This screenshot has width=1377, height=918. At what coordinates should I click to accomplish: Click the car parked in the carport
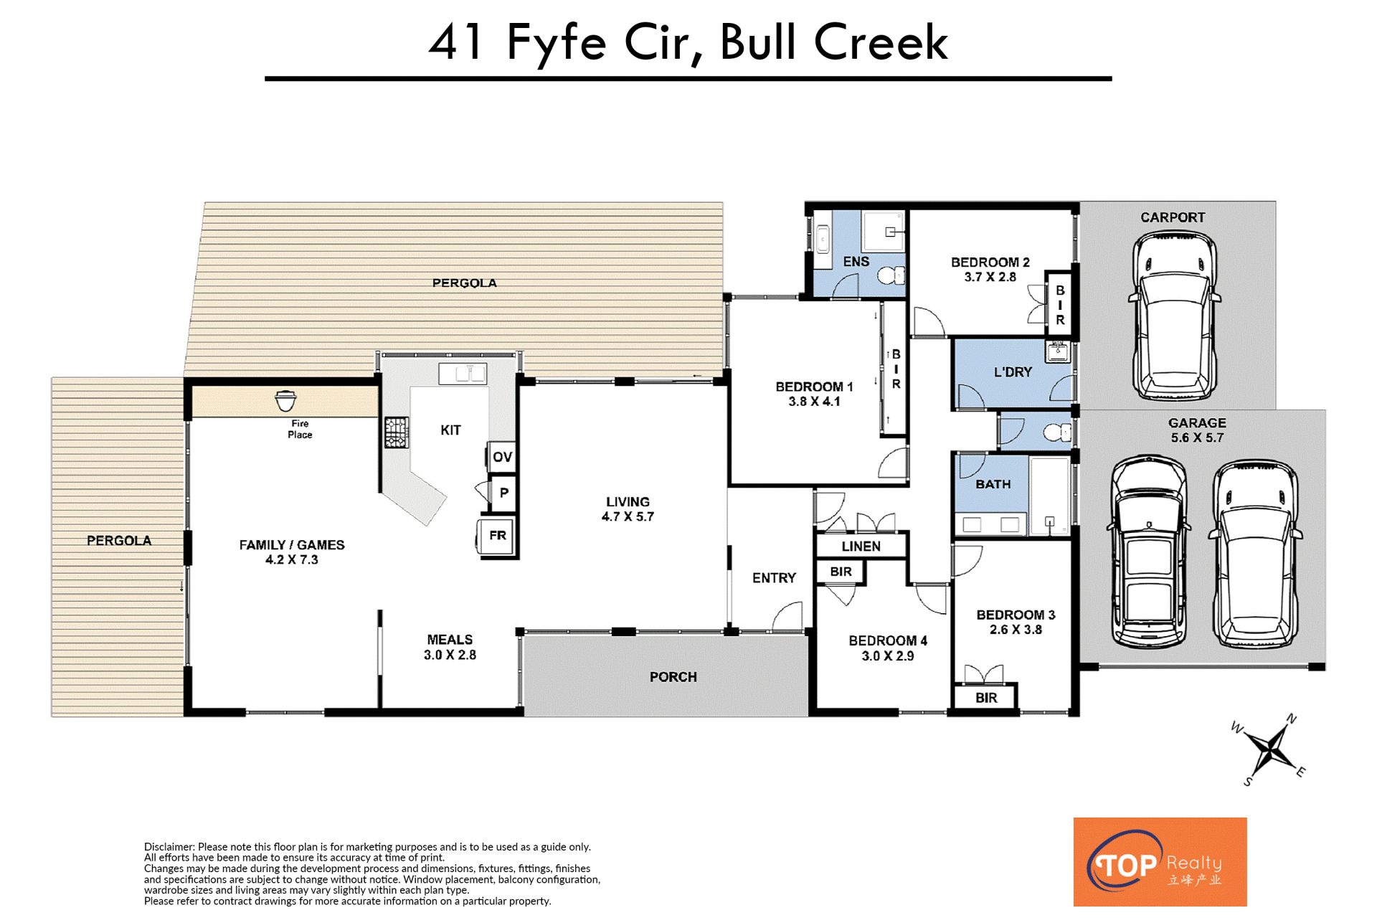click(x=1174, y=316)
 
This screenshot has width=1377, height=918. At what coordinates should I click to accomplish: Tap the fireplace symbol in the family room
click(x=285, y=401)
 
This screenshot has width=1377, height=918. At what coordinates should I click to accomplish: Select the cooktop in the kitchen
click(x=396, y=432)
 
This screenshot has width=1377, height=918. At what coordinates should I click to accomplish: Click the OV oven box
click(x=502, y=457)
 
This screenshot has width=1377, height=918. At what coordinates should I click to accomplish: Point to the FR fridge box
click(x=497, y=536)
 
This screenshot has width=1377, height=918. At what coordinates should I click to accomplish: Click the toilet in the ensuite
click(x=891, y=275)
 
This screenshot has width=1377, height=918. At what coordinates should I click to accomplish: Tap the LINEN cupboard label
click(x=861, y=546)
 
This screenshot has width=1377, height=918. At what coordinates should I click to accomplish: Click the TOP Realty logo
click(x=1160, y=862)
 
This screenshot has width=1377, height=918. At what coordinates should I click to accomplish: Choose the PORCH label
click(x=673, y=677)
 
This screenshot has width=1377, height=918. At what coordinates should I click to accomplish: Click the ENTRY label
click(x=774, y=578)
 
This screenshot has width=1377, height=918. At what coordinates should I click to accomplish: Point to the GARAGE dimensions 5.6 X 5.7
click(x=1197, y=437)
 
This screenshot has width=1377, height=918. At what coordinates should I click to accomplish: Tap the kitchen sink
click(x=463, y=374)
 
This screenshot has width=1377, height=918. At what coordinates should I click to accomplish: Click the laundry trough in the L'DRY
click(x=1058, y=351)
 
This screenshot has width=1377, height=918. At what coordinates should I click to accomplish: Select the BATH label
click(x=993, y=485)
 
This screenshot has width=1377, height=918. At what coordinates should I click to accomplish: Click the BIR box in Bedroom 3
click(x=986, y=698)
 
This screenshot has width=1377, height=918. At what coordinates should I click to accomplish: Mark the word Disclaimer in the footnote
click(x=169, y=847)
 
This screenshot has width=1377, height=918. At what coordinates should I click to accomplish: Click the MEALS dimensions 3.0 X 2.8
click(x=450, y=655)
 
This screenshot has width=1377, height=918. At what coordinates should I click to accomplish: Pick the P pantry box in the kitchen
click(x=503, y=493)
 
